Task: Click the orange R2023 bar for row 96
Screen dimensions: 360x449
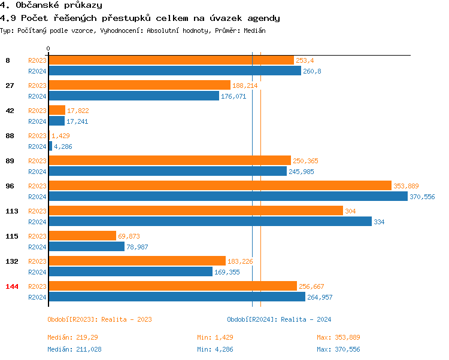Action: tap(220, 186)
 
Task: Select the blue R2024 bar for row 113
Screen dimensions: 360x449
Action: tap(210, 221)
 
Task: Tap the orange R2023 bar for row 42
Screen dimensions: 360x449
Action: tap(57, 111)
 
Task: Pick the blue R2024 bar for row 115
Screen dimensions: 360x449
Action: tap(86, 246)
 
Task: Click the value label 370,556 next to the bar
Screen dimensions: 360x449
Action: tap(422, 197)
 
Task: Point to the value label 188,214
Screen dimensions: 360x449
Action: tap(245, 86)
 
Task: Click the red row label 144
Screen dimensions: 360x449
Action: tap(12, 286)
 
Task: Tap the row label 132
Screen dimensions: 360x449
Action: tap(11, 261)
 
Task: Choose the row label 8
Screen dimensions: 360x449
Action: tap(8, 60)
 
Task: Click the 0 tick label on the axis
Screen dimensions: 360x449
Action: tap(48, 48)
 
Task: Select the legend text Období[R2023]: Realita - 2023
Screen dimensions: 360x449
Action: tap(99, 319)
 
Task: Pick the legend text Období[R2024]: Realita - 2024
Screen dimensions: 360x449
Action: tap(279, 319)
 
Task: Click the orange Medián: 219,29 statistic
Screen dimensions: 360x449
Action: tap(72, 338)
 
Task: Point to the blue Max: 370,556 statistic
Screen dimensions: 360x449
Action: tap(338, 349)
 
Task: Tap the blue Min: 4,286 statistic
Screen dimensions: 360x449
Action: tap(215, 349)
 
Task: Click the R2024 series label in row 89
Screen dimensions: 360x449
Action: tap(37, 172)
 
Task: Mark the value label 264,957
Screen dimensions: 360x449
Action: tap(320, 297)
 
